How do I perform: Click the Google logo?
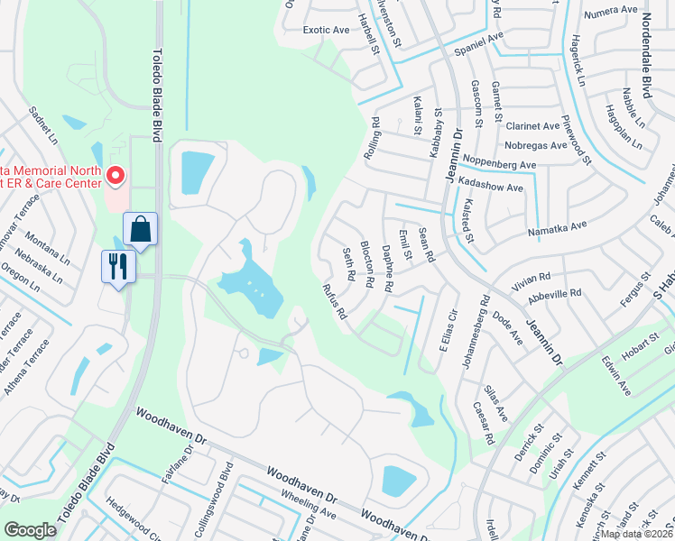[30, 530]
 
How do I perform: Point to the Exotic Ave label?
[326, 30]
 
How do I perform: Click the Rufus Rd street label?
[335, 302]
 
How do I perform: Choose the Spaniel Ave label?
[477, 44]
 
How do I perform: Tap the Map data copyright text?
[635, 533]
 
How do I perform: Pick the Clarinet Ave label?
[532, 126]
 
